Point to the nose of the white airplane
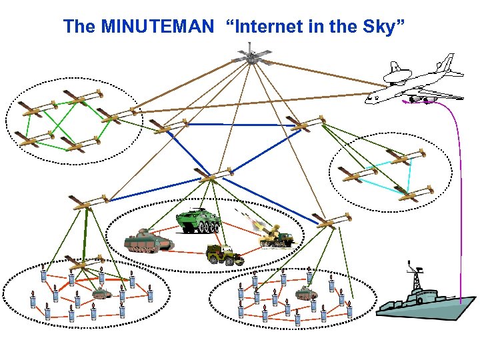369,99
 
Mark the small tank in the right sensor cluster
305,292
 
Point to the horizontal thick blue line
240,125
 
